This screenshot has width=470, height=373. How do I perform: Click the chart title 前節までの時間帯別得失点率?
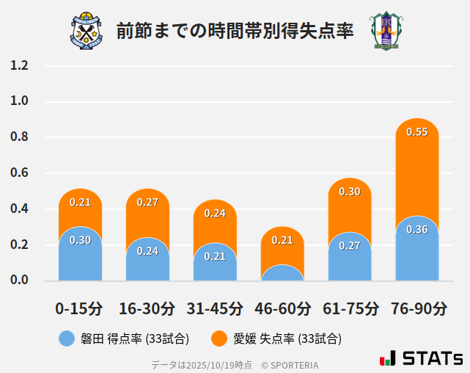[235, 31]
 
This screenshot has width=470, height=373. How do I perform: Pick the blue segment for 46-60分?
[282, 273]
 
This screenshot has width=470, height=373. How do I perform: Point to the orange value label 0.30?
[350, 192]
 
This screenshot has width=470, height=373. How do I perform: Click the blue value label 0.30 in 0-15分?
[80, 240]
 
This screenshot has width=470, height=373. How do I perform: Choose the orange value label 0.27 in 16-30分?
[147, 203]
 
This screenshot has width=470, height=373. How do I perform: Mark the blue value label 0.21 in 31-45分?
[215, 256]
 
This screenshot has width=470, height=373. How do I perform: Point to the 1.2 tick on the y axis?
[19, 65]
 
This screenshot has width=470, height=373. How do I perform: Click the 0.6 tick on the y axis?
[19, 173]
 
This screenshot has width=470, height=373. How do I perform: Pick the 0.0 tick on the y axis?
[19, 280]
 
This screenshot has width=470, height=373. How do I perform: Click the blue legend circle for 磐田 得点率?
[67, 338]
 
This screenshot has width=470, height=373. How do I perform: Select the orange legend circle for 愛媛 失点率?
[219, 338]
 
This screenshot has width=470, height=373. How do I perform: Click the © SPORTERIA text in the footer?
[290, 364]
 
